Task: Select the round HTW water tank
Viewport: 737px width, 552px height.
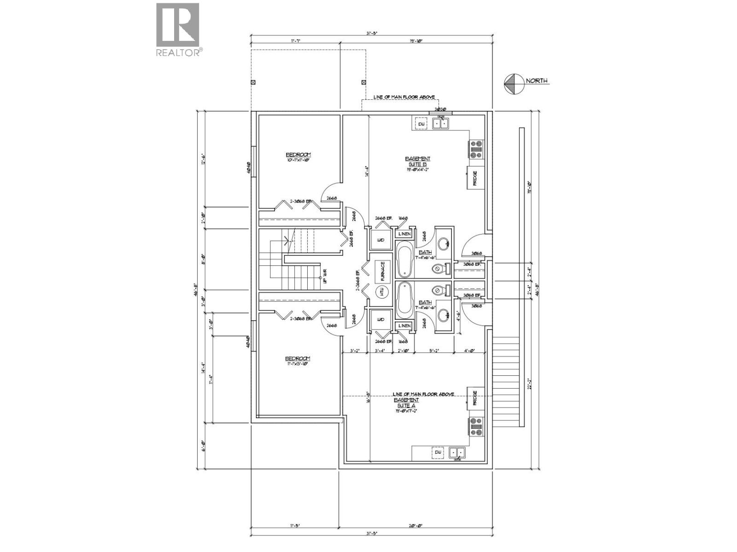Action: [381, 292]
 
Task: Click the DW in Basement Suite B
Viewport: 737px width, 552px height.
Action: [421, 124]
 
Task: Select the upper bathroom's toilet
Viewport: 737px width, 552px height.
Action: [440, 268]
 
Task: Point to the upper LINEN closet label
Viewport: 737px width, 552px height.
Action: [404, 234]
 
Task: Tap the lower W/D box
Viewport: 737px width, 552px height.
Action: [380, 319]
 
